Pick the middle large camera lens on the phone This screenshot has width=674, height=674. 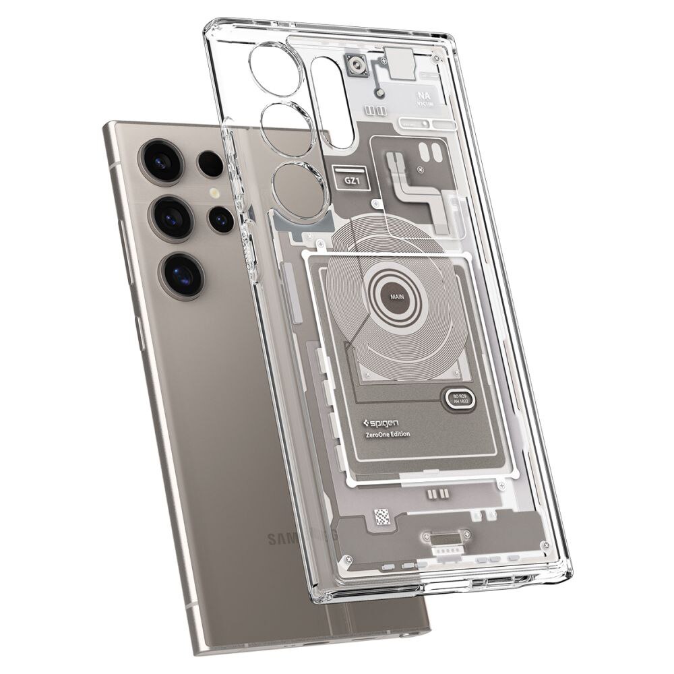coord(171,216)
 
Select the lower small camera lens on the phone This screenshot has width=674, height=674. coord(220,217)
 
